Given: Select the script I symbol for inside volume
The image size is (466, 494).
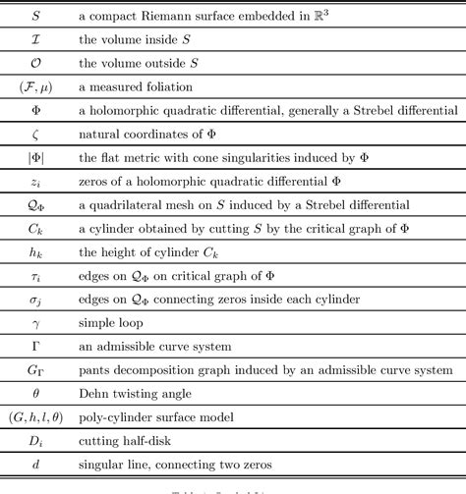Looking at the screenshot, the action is [36, 40].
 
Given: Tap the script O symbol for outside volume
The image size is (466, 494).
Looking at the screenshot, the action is [36, 63].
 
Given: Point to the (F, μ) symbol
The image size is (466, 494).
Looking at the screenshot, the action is [36, 86].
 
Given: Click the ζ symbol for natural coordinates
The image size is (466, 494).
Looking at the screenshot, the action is [36, 134].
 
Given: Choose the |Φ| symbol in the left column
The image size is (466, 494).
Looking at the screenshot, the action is [36, 157].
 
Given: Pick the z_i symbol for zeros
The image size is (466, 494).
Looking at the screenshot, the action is [36, 181].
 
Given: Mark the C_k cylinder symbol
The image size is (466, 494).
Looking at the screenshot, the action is [36, 228].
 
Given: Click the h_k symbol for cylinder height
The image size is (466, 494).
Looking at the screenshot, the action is [36, 251].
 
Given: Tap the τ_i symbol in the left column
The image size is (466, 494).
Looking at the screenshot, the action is [36, 275].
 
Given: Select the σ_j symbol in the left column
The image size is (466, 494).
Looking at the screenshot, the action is [36, 299].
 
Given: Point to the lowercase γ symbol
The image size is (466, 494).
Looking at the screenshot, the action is [36, 323].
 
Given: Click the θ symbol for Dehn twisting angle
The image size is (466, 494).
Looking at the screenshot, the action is [36, 393].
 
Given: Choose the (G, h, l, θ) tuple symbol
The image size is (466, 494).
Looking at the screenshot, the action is [36, 416].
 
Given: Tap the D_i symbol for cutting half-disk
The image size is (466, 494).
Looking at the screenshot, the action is [36, 440].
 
